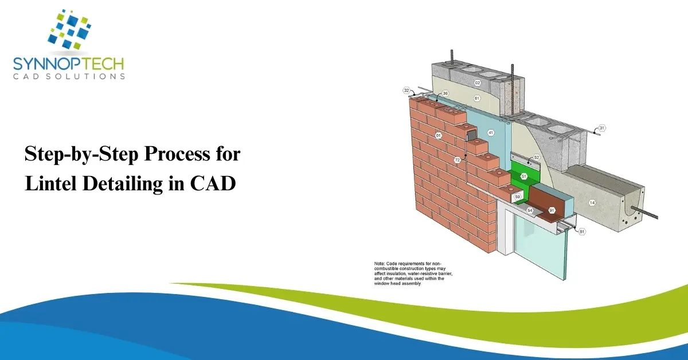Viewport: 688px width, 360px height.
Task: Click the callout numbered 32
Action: pyautogui.click(x=406, y=91)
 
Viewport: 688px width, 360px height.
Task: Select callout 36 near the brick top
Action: pyautogui.click(x=445, y=93)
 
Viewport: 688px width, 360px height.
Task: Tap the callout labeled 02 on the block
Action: pyautogui.click(x=477, y=83)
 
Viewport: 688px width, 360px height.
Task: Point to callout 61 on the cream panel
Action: pyautogui.click(x=476, y=98)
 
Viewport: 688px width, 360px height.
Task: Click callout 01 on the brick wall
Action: pyautogui.click(x=438, y=135)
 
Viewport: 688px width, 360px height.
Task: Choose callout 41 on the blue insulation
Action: pyautogui.click(x=491, y=132)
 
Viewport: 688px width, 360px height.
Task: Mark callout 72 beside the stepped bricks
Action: pyautogui.click(x=457, y=160)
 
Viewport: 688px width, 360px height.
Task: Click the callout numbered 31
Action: pyautogui.click(x=602, y=128)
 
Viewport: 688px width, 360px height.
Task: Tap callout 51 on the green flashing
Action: pyautogui.click(x=523, y=176)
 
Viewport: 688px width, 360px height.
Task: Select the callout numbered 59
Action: pyautogui.click(x=517, y=197)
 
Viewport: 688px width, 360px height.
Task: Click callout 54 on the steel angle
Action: pyautogui.click(x=530, y=211)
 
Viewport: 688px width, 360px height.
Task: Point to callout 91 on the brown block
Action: pyautogui.click(x=552, y=210)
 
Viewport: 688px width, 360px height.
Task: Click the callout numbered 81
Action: pyautogui.click(x=582, y=232)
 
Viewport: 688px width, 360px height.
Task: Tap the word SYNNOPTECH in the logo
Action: pyautogui.click(x=68, y=64)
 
